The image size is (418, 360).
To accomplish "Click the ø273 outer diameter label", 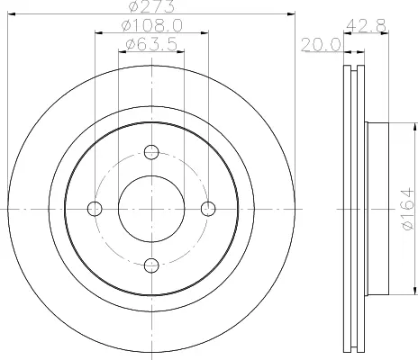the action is (x=151, y=6).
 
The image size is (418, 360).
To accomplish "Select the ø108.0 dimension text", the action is (x=152, y=25).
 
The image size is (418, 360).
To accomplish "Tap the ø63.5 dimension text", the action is (x=151, y=45).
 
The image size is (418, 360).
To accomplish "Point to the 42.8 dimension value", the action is (x=366, y=25).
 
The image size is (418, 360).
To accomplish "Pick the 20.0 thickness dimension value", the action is (x=321, y=45).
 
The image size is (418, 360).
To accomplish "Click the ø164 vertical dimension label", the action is (x=408, y=209).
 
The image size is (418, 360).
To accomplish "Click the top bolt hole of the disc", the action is (x=151, y=152).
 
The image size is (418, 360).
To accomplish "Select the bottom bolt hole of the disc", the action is (x=151, y=265).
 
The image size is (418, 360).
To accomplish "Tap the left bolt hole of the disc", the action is (x=95, y=209).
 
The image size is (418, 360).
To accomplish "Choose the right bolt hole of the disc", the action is (x=208, y=209).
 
